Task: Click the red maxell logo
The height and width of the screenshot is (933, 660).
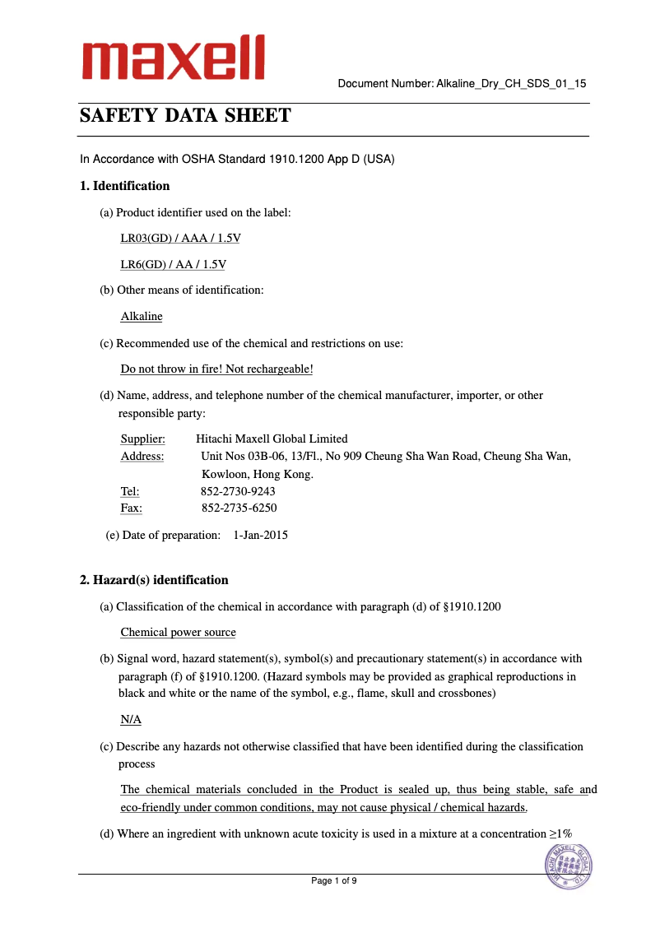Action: (x=172, y=58)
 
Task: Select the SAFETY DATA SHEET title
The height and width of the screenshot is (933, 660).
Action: (x=185, y=115)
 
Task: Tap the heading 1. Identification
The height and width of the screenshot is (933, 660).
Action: (x=124, y=186)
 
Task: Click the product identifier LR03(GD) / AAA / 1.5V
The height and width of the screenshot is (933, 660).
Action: (x=180, y=238)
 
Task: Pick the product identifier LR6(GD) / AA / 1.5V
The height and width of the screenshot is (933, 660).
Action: (x=173, y=264)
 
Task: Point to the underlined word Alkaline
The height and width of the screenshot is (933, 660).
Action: (x=142, y=316)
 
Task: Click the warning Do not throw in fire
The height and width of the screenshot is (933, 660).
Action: (x=216, y=369)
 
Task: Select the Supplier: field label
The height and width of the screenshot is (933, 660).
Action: (x=142, y=439)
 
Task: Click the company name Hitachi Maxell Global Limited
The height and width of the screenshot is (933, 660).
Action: (x=272, y=439)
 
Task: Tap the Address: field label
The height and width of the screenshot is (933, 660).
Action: (x=142, y=456)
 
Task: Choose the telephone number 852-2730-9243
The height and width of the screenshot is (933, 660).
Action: (x=238, y=491)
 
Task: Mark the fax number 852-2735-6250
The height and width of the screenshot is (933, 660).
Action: (x=239, y=508)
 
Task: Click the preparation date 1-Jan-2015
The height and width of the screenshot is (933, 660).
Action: (x=260, y=535)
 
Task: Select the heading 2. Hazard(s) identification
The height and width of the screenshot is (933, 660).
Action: (x=154, y=580)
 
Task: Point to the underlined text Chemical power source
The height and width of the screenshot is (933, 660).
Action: (x=178, y=632)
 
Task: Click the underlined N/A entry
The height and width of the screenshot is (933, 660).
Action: (x=131, y=719)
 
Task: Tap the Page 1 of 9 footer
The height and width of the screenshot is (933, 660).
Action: (x=333, y=880)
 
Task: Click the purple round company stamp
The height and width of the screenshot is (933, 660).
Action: (x=569, y=866)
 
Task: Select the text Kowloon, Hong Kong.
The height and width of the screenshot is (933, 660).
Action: (x=257, y=474)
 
